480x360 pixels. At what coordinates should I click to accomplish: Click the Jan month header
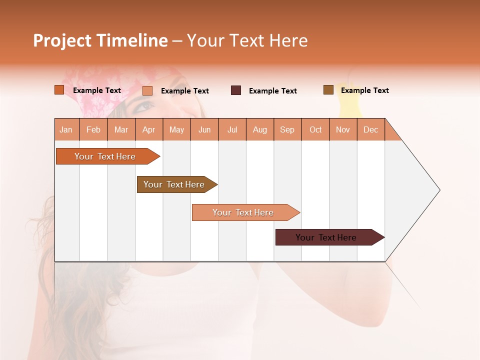tap(66, 129)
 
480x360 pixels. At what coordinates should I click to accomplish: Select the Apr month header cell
tap(148, 129)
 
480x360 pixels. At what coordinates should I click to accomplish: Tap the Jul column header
tap(232, 129)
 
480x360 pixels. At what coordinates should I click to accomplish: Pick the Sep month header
tap(287, 129)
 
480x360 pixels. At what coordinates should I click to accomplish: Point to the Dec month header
tap(370, 129)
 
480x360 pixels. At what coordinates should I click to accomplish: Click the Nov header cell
tap(342, 129)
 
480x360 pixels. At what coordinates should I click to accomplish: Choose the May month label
tap(176, 129)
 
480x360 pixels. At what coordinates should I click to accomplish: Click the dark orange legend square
tap(59, 90)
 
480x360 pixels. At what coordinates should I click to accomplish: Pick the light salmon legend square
tap(147, 90)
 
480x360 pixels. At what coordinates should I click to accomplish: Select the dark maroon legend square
tap(236, 90)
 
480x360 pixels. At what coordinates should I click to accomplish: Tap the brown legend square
tap(328, 90)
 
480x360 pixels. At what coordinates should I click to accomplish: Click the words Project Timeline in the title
tap(100, 40)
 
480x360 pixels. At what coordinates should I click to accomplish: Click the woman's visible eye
tap(144, 105)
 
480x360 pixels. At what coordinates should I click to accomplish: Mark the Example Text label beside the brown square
tap(364, 90)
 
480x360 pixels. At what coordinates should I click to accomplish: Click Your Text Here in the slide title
tap(247, 40)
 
